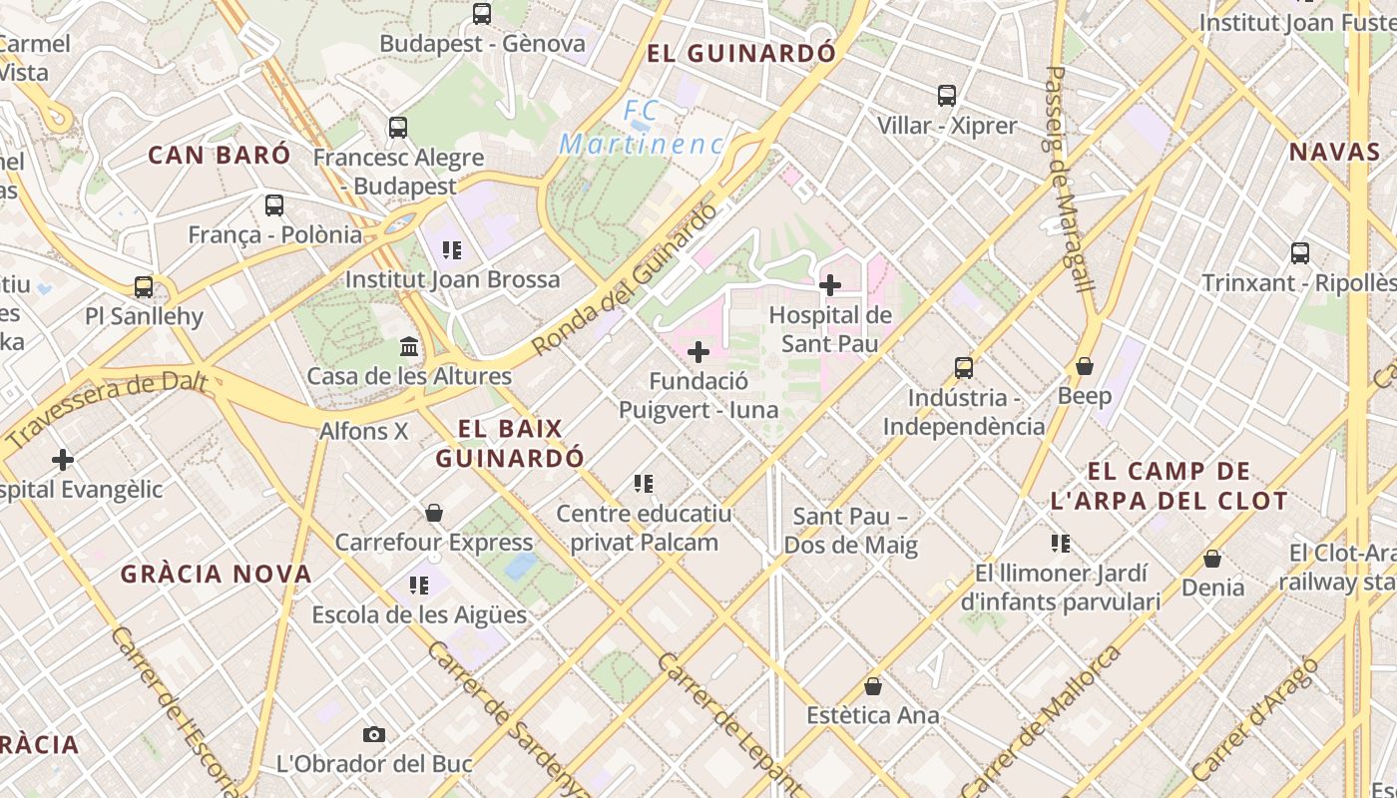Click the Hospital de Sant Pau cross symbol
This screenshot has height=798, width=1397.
(829, 285)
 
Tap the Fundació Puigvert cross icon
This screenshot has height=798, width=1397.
(698, 351)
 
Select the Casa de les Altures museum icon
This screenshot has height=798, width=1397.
(409, 347)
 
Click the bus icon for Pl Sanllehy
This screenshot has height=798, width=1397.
(144, 287)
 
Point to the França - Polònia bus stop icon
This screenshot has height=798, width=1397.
(274, 205)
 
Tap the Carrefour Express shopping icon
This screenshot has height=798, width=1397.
(434, 513)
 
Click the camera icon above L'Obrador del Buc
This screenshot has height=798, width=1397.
(374, 735)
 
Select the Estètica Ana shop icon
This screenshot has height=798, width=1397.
(873, 686)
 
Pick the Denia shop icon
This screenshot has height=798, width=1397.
(1212, 559)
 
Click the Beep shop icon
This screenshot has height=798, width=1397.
(1085, 367)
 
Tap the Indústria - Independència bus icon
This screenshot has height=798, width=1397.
(964, 368)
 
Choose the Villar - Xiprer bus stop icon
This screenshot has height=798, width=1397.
(947, 96)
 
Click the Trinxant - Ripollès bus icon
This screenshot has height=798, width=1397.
(1300, 253)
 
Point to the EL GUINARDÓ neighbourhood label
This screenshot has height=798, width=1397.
(740, 53)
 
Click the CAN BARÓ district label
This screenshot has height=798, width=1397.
(220, 155)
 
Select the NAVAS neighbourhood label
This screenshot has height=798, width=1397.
(1334, 152)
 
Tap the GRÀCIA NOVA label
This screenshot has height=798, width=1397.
(217, 574)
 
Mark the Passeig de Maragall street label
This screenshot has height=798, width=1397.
(1070, 180)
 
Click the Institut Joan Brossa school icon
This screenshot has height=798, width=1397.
(452, 249)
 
